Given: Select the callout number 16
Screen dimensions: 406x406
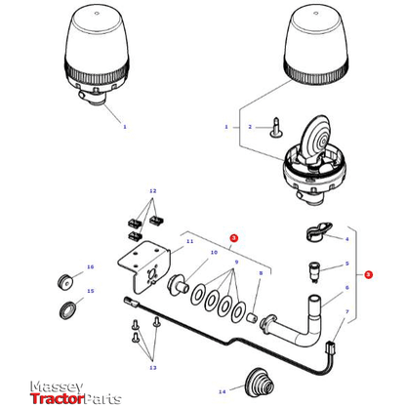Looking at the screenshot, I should [x=91, y=267].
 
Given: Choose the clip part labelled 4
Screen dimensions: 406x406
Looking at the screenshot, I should [x=315, y=233].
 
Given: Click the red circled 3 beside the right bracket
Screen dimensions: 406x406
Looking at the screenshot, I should [x=368, y=275].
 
